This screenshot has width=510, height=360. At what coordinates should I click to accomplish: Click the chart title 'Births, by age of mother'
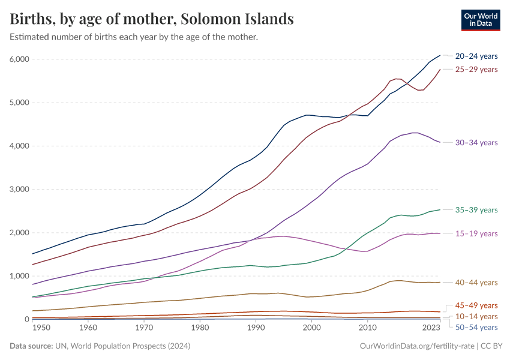(152, 19)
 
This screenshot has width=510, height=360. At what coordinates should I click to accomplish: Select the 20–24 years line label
(476, 56)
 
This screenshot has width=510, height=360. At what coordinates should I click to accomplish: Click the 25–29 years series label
(476, 70)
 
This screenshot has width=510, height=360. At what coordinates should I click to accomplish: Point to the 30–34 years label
(476, 143)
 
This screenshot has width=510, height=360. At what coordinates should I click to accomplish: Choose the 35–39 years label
(476, 210)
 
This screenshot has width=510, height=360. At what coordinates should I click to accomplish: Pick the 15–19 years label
(476, 233)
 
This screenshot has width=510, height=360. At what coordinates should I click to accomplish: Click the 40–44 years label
(476, 283)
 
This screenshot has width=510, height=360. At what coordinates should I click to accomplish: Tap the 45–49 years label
(476, 305)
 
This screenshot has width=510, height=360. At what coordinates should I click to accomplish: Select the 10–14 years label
(476, 316)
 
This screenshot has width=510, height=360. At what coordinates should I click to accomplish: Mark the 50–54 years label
(476, 327)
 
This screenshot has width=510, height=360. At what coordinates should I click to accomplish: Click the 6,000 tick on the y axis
(19, 59)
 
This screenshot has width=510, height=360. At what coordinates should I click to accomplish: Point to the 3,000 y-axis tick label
(19, 189)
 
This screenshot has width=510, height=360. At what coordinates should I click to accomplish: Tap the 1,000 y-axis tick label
(19, 276)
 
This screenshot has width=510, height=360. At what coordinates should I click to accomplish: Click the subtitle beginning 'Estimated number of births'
(134, 37)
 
